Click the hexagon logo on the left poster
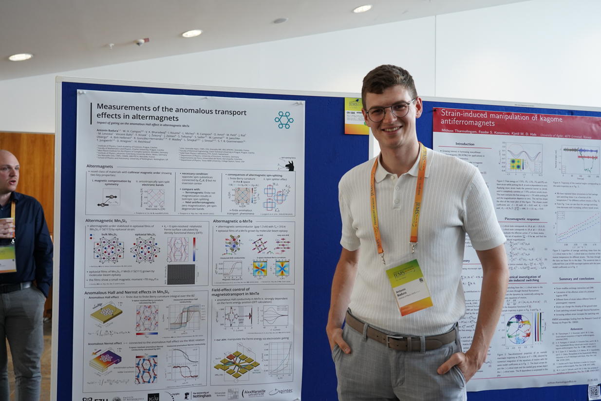pos(283,120)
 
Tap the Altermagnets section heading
pos(100,166)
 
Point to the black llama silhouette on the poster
pos(290,166)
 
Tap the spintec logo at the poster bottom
pos(281,391)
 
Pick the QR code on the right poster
pos(594,391)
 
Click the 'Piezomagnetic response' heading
pos(522,219)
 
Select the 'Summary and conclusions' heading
pos(576,279)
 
